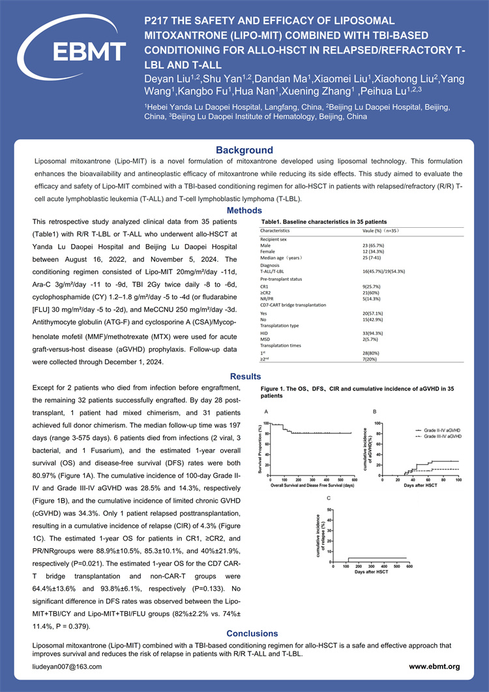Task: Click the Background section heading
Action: coord(244,150)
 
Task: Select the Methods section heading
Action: coord(244,210)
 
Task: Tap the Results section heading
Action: coord(244,376)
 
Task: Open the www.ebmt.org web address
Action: coord(434,667)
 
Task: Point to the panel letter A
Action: coord(265,412)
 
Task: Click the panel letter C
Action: coord(328,498)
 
